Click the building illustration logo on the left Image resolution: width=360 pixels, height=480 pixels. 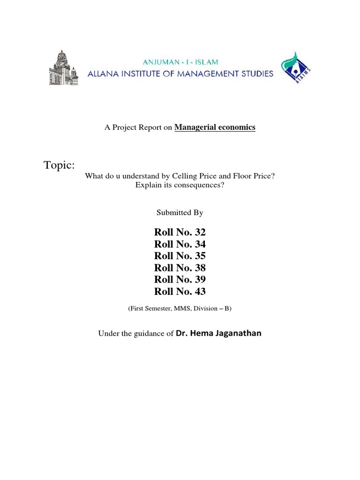(63, 68)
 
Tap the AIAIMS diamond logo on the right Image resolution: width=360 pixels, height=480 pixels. (296, 68)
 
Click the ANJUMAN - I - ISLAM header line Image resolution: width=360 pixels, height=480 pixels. (180, 62)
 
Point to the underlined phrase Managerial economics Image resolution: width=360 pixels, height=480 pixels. (215, 127)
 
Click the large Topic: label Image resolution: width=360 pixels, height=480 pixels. (59, 165)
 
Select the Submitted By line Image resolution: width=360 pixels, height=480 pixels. (180, 212)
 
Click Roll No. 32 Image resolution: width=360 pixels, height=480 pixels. (180, 232)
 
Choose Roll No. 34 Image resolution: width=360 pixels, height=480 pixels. (180, 244)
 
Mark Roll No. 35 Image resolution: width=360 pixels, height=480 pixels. (180, 256)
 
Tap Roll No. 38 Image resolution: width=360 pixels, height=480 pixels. (180, 268)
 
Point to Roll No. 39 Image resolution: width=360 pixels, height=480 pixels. (180, 279)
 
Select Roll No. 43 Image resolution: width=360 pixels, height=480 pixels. (180, 292)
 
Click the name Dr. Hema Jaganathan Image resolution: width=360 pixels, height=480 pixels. (218, 333)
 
